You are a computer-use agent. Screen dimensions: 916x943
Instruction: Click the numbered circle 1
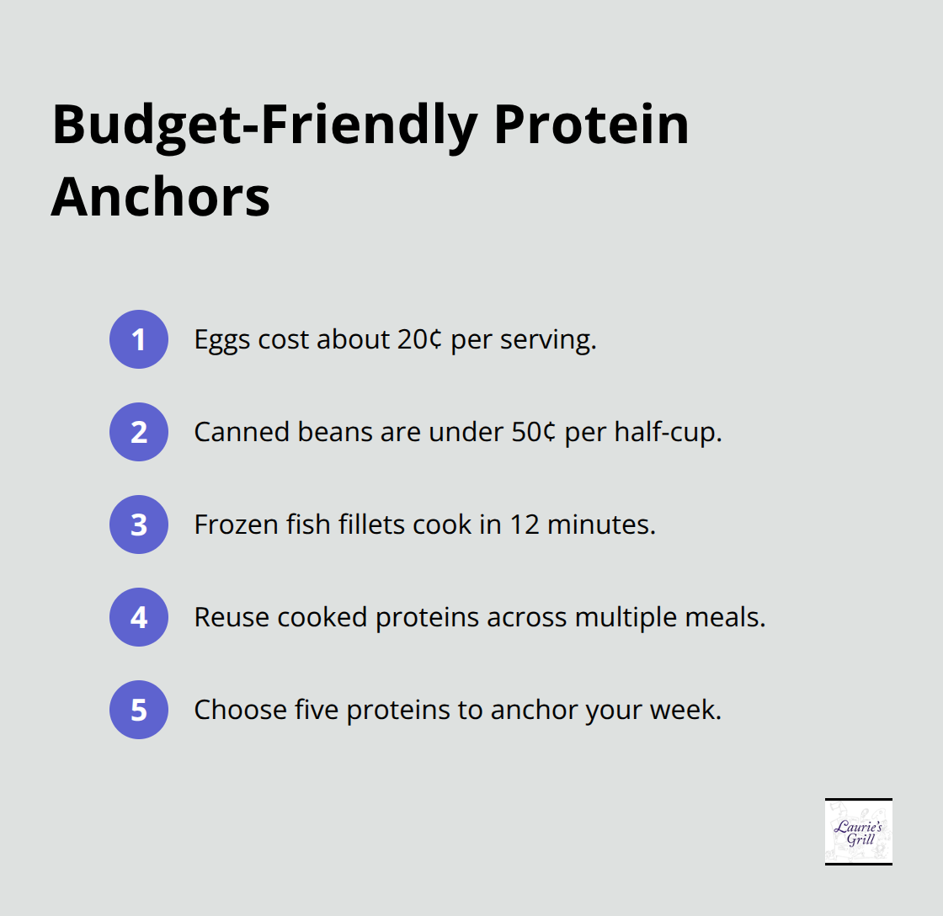click(139, 339)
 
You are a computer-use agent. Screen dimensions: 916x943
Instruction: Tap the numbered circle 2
click(139, 432)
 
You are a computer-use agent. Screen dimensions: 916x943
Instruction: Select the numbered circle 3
click(139, 525)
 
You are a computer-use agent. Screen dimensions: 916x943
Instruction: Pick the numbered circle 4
click(139, 617)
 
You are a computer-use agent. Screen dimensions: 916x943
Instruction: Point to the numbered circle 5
click(139, 710)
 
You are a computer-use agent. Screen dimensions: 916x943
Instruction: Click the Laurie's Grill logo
click(858, 831)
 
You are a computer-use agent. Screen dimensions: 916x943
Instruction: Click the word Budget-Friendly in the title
click(263, 126)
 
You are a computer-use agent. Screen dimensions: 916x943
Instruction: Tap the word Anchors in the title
click(161, 197)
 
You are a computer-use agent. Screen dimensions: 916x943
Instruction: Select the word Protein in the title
click(591, 126)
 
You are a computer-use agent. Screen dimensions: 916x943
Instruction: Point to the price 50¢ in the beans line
click(531, 433)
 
